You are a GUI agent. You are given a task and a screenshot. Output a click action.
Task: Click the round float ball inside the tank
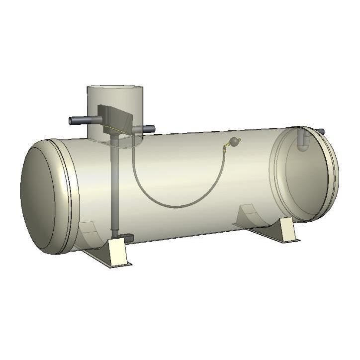234,143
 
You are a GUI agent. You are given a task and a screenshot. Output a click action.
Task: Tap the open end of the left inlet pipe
71,120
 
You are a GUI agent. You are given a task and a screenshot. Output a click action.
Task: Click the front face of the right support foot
288,231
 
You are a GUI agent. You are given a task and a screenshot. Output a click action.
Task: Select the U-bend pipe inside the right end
303,142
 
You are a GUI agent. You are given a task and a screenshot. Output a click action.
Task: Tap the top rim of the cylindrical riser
115,88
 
